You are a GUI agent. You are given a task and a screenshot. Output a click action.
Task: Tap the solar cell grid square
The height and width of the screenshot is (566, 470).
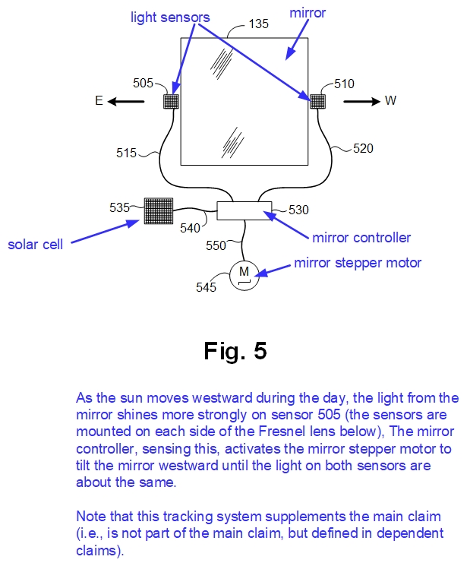click(158, 210)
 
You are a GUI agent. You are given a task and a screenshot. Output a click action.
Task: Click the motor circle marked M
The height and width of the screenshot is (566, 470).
click(244, 273)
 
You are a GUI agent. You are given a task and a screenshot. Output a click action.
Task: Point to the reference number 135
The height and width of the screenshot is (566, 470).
click(260, 24)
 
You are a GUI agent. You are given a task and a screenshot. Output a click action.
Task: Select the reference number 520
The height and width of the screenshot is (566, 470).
click(363, 149)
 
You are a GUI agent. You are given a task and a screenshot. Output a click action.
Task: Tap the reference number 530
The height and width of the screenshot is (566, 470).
click(298, 209)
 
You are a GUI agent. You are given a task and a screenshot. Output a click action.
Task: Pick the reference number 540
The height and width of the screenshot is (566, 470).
click(191, 226)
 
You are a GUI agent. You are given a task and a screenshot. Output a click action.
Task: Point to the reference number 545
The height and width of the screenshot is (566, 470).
click(207, 286)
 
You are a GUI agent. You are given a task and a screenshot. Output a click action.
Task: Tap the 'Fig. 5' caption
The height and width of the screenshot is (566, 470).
click(235, 351)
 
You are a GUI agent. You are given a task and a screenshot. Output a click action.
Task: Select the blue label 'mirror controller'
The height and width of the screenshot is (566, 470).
click(361, 237)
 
